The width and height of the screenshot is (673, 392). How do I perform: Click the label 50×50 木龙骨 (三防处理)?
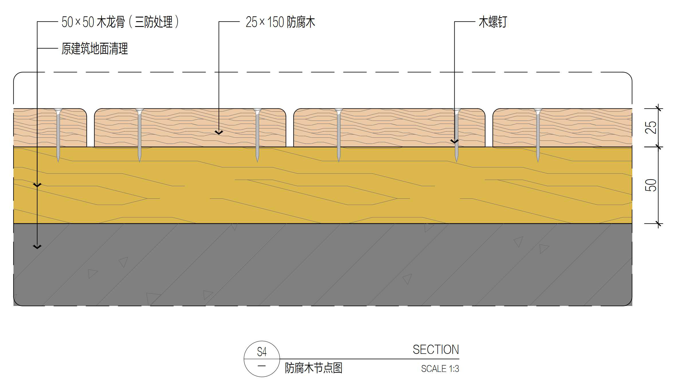(120, 22)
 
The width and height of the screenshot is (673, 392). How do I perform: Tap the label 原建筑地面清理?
(95, 48)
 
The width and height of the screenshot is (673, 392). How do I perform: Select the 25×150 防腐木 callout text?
(280, 22)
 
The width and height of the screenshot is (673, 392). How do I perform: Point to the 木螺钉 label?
(493, 22)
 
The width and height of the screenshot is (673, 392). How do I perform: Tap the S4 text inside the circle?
(262, 352)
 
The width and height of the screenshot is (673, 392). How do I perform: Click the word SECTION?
(436, 350)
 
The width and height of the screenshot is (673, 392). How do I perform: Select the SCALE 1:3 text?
(440, 369)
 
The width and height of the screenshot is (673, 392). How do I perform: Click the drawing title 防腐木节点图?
(314, 368)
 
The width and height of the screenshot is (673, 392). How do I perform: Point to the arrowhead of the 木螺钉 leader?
(455, 142)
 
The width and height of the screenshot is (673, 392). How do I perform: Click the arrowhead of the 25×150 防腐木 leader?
(219, 132)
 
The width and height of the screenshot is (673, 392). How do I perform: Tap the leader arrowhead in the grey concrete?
(37, 247)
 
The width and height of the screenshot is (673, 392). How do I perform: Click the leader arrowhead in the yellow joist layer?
(37, 185)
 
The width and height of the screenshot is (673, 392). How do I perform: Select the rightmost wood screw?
(538, 135)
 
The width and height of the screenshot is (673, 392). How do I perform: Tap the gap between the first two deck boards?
(91, 128)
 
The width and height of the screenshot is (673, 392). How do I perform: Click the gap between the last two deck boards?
(489, 128)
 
